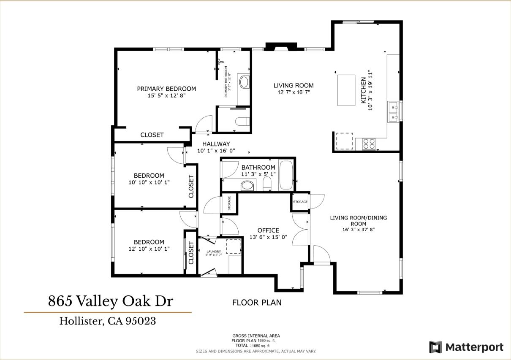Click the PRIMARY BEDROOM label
point(166,89)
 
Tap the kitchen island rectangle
point(346,90)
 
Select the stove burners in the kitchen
point(369,144)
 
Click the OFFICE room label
point(268,230)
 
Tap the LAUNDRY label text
point(213,252)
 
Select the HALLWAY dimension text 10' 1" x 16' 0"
point(216,151)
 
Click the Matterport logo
point(466,347)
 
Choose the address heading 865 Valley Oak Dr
point(110,301)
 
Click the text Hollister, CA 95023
point(108,321)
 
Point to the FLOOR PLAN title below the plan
point(257,303)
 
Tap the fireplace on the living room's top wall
point(277,47)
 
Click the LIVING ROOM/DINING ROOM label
point(358,221)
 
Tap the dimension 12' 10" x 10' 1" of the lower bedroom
point(149,249)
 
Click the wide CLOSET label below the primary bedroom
point(152,135)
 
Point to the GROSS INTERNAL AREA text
point(256,336)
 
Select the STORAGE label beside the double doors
point(300,202)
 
